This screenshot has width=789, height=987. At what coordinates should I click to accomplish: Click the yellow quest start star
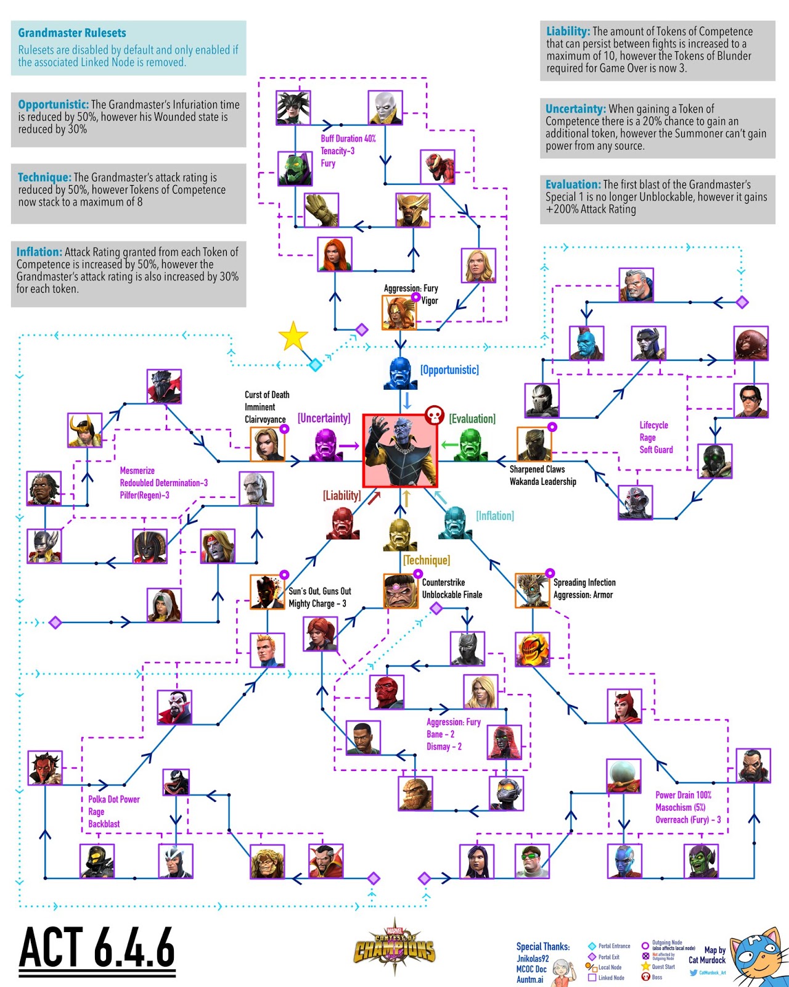[293, 337]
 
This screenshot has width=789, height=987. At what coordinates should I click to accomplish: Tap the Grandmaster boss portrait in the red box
[400, 450]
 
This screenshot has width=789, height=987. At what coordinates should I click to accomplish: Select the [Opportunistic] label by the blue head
[449, 370]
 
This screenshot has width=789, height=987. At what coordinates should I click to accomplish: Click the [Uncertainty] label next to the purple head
[324, 418]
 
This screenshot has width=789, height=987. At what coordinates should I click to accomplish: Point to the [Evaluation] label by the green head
[472, 419]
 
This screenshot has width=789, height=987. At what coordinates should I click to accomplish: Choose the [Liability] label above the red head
[341, 495]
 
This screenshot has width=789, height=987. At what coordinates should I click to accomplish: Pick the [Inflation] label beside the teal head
[494, 516]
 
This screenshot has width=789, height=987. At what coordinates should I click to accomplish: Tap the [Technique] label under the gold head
[427, 560]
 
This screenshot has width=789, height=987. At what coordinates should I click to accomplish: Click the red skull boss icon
[435, 415]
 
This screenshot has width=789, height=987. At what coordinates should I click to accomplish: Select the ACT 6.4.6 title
[97, 948]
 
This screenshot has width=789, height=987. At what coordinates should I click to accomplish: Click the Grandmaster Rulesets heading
[72, 33]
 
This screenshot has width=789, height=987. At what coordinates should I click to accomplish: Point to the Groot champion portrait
[321, 210]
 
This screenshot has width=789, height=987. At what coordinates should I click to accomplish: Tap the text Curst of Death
[267, 395]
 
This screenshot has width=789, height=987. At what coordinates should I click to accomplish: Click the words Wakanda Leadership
[542, 482]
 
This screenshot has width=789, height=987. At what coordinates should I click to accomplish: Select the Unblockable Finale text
[452, 595]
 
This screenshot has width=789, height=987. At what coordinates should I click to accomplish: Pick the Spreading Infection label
[584, 582]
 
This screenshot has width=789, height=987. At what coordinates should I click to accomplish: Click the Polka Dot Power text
[114, 799]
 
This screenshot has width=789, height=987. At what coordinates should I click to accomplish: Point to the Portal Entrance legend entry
[610, 946]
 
